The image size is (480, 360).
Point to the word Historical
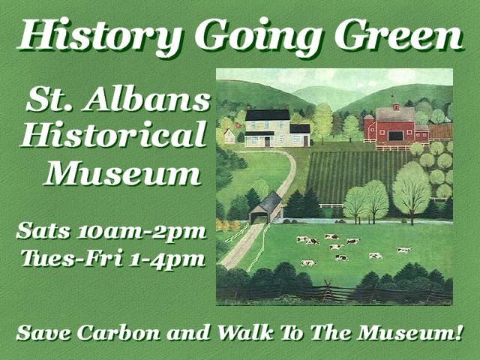pyautogui.click(x=114, y=133)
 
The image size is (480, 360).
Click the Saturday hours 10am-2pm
pyautogui.click(x=142, y=232)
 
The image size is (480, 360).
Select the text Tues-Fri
pyautogui.click(x=72, y=257)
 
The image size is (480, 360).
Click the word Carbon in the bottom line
pyautogui.click(x=118, y=333)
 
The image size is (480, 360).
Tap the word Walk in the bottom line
pyautogui.click(x=245, y=332)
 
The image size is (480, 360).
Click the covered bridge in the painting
pyautogui.click(x=265, y=208)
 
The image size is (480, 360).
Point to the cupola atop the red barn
pyautogui.click(x=396, y=106)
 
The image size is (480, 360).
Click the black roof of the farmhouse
pyautogui.click(x=267, y=115)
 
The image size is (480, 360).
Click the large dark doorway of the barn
pyautogui.click(x=395, y=135)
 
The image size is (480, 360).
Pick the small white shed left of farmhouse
pyautogui.click(x=229, y=136)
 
